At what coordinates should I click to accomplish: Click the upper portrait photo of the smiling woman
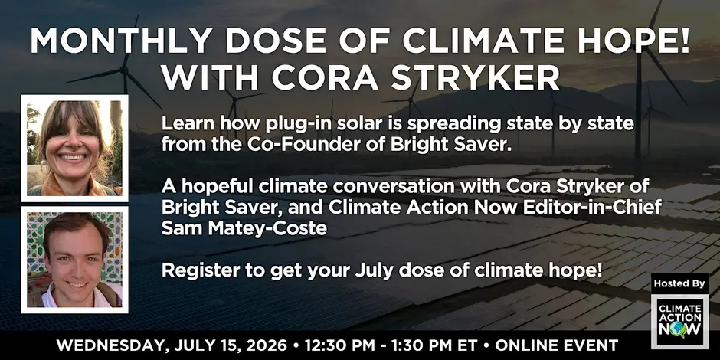tap(74, 149)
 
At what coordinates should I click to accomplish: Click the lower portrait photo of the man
tap(74, 260)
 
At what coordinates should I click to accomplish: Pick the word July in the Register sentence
tap(355, 271)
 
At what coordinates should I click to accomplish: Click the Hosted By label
tap(679, 283)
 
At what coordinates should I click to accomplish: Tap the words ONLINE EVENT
tap(557, 345)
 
